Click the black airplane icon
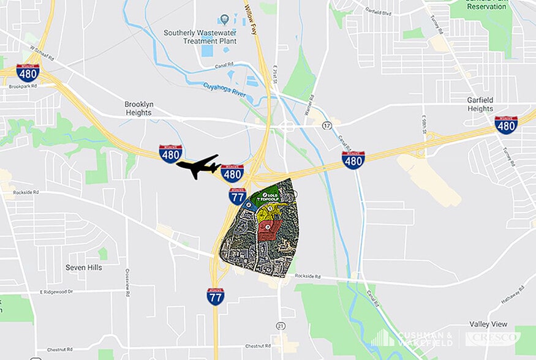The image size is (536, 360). [198, 166]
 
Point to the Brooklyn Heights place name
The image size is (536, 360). [138, 108]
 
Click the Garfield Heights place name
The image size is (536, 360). [480, 104]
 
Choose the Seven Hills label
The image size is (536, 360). [84, 268]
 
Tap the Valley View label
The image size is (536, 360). [488, 323]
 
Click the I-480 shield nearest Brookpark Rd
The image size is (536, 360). [28, 72]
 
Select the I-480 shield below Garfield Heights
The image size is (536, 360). [505, 125]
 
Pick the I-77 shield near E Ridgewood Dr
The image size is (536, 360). [215, 296]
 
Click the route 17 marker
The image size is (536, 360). [327, 125]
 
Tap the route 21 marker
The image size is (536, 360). [280, 324]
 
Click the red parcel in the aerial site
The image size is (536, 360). [269, 230]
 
